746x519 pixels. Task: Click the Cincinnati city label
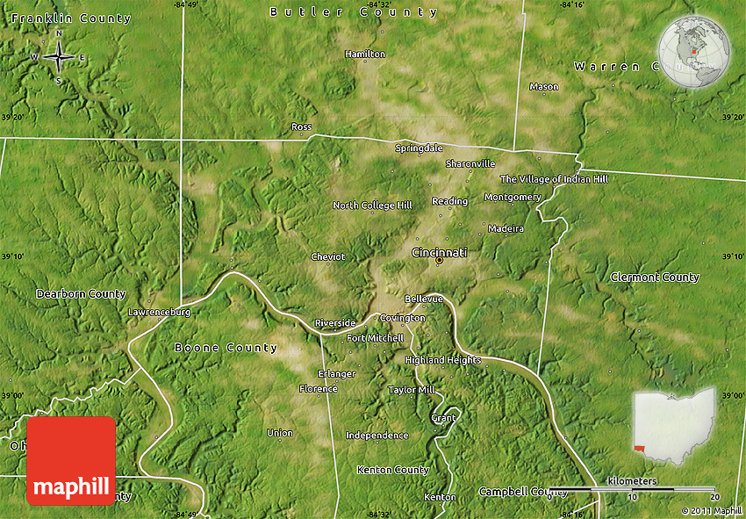440,253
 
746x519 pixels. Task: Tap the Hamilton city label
365,54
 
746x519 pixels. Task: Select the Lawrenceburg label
159,312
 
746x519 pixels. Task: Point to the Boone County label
226,348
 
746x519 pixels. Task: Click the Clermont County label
655,278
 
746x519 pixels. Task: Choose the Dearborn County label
81,293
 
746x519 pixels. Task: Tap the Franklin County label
71,18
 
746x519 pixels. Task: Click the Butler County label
354,12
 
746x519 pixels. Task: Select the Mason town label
544,87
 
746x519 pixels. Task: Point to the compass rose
59,57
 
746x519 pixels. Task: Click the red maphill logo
71,461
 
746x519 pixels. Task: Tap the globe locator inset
694,53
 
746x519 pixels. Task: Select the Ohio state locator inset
674,425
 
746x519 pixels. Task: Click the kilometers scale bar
631,488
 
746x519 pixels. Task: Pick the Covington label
403,318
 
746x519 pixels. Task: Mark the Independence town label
377,436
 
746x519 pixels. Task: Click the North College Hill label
372,205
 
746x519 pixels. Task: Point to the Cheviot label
328,257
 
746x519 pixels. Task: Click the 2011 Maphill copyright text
711,510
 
